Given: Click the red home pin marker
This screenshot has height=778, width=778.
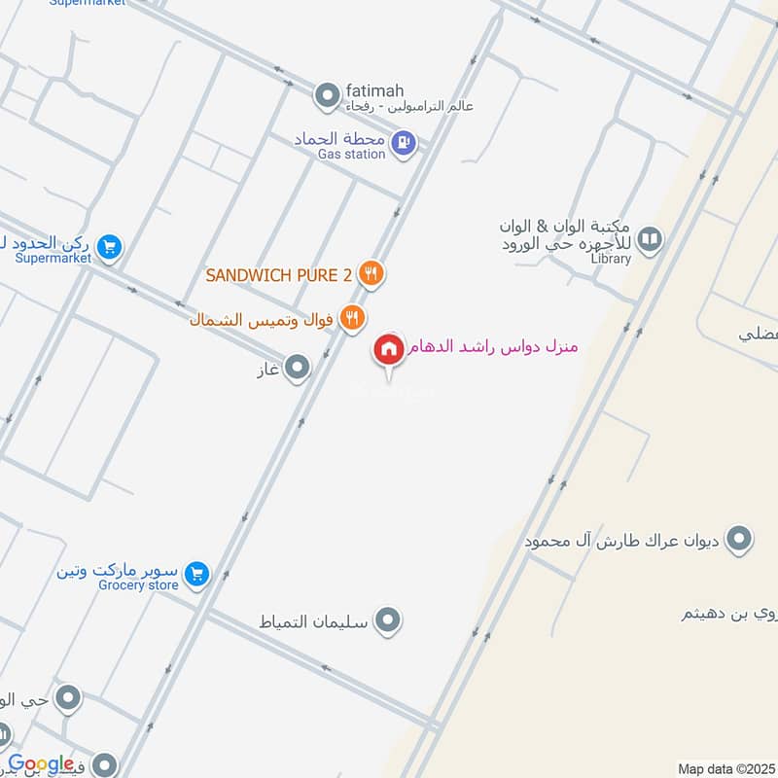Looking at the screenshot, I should pyautogui.click(x=389, y=350).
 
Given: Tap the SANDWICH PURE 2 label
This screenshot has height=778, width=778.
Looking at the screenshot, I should pyautogui.click(x=278, y=275).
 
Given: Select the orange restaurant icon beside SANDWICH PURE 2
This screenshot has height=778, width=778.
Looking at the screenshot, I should pyautogui.click(x=370, y=274).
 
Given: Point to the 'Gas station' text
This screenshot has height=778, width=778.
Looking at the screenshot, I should pyautogui.click(x=353, y=154).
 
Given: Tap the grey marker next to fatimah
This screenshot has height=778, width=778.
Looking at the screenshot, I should pyautogui.click(x=326, y=95).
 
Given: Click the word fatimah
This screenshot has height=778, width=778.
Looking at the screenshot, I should pyautogui.click(x=374, y=89).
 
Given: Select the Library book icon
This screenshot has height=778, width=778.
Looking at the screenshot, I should pyautogui.click(x=651, y=238).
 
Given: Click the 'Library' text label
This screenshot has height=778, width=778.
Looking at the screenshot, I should pyautogui.click(x=611, y=259).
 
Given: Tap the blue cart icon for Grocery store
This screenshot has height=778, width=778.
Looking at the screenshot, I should pyautogui.click(x=197, y=575).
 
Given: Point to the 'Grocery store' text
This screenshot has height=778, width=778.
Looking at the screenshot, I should pyautogui.click(x=138, y=585).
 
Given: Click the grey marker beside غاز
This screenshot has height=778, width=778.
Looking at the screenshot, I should pyautogui.click(x=297, y=368).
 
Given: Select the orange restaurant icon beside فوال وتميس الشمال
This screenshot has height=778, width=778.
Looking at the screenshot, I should pyautogui.click(x=353, y=317).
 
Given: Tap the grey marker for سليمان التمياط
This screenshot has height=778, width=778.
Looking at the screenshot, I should pyautogui.click(x=388, y=619).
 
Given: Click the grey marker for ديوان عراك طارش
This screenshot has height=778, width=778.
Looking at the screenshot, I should pyautogui.click(x=740, y=538).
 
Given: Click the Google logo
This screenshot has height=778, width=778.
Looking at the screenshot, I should pyautogui.click(x=41, y=764).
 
